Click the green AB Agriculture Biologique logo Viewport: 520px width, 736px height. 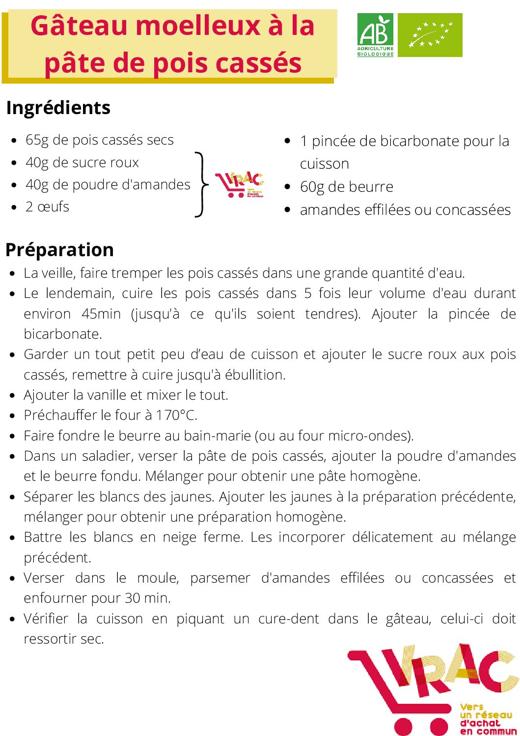pos(375,35)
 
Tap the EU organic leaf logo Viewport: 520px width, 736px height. pos(430,35)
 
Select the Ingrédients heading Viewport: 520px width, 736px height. pos(58,108)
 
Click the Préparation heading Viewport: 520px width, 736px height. pos(59,250)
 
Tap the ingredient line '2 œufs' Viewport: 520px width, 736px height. pos(47,207)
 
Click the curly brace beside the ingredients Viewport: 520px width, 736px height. pos(200,185)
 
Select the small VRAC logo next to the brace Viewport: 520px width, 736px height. pos(239,185)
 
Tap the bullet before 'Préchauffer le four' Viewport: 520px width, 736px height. pos(13,416)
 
